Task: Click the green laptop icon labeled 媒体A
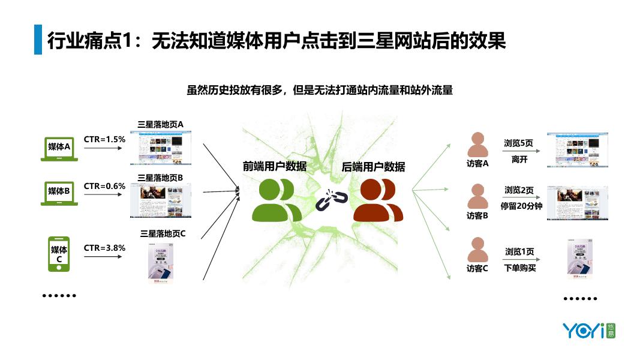tap(59, 149)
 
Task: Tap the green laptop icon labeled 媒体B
tap(59, 193)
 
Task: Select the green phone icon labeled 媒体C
tap(59, 254)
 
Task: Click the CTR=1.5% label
tap(104, 139)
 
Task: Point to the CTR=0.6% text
tap(104, 186)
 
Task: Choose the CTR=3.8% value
tap(104, 247)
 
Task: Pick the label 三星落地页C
tap(163, 233)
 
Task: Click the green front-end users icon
tap(276, 200)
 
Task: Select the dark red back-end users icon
tap(378, 200)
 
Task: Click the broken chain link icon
tap(327, 200)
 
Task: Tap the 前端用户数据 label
tap(274, 166)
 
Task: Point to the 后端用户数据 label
tap(373, 166)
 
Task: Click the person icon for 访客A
tap(477, 145)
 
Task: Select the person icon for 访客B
tap(477, 196)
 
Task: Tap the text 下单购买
tap(520, 268)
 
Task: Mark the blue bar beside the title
tap(38, 40)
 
